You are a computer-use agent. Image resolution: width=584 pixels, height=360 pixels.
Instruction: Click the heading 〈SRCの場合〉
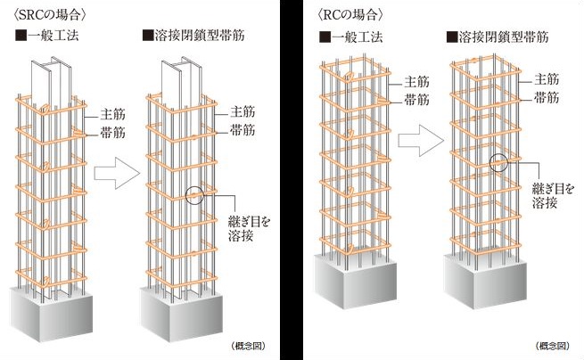tap(38, 15)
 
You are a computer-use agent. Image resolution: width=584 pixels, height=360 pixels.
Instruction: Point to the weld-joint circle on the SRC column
tap(195, 195)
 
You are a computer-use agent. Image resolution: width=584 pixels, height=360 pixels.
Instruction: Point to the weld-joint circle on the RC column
tap(499, 163)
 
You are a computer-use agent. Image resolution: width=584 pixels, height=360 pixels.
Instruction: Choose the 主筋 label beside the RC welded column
tap(547, 79)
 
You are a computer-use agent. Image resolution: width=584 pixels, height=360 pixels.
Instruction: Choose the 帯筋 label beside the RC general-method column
tap(418, 99)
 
